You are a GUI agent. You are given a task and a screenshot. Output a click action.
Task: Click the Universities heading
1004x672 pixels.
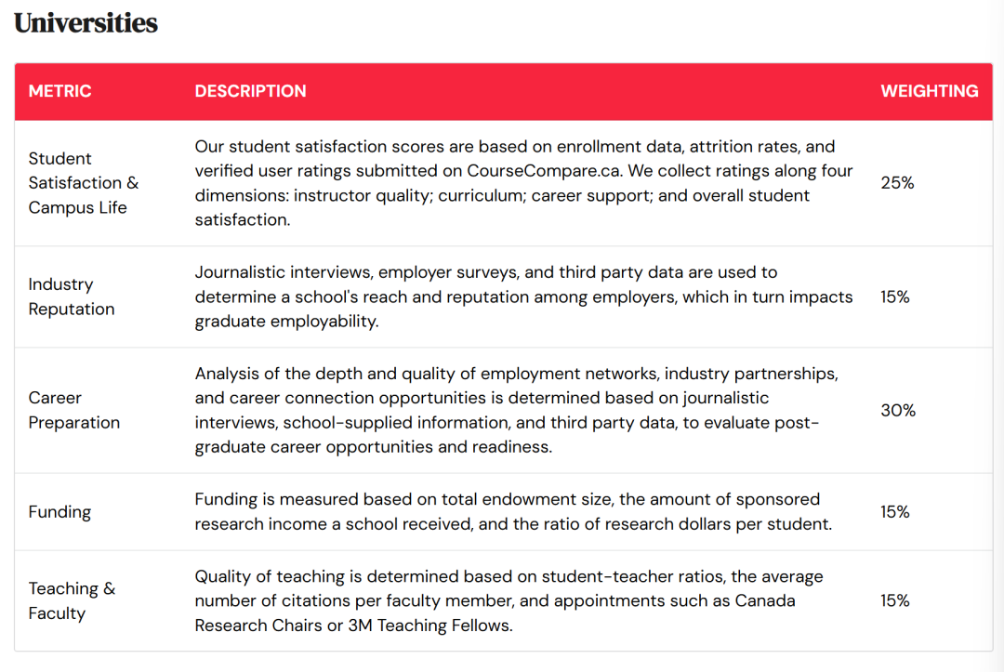pyautogui.click(x=86, y=23)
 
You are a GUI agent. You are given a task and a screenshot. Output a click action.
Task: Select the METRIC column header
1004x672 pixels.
pyautogui.click(x=59, y=91)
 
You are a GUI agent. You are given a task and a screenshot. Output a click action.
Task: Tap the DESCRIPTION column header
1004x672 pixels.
pyautogui.click(x=250, y=91)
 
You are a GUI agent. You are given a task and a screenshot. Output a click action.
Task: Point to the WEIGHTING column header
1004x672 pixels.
pyautogui.click(x=929, y=91)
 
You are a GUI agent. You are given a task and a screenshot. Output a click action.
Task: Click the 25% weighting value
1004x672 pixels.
pyautogui.click(x=897, y=183)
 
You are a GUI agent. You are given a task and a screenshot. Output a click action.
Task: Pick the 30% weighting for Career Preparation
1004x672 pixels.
pyautogui.click(x=897, y=410)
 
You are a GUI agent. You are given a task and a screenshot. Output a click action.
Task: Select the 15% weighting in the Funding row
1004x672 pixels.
pyautogui.click(x=894, y=512)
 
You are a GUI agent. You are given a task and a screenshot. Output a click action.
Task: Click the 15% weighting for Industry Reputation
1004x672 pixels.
pyautogui.click(x=894, y=296)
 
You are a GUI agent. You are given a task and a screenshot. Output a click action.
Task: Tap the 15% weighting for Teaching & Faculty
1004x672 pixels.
pyautogui.click(x=894, y=600)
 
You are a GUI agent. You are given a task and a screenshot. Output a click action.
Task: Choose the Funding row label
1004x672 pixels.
pyautogui.click(x=59, y=512)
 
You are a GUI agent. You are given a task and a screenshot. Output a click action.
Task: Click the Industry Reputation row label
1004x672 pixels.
pyautogui.click(x=72, y=296)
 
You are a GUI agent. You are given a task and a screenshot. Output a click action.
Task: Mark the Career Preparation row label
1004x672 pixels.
pyautogui.click(x=73, y=410)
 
